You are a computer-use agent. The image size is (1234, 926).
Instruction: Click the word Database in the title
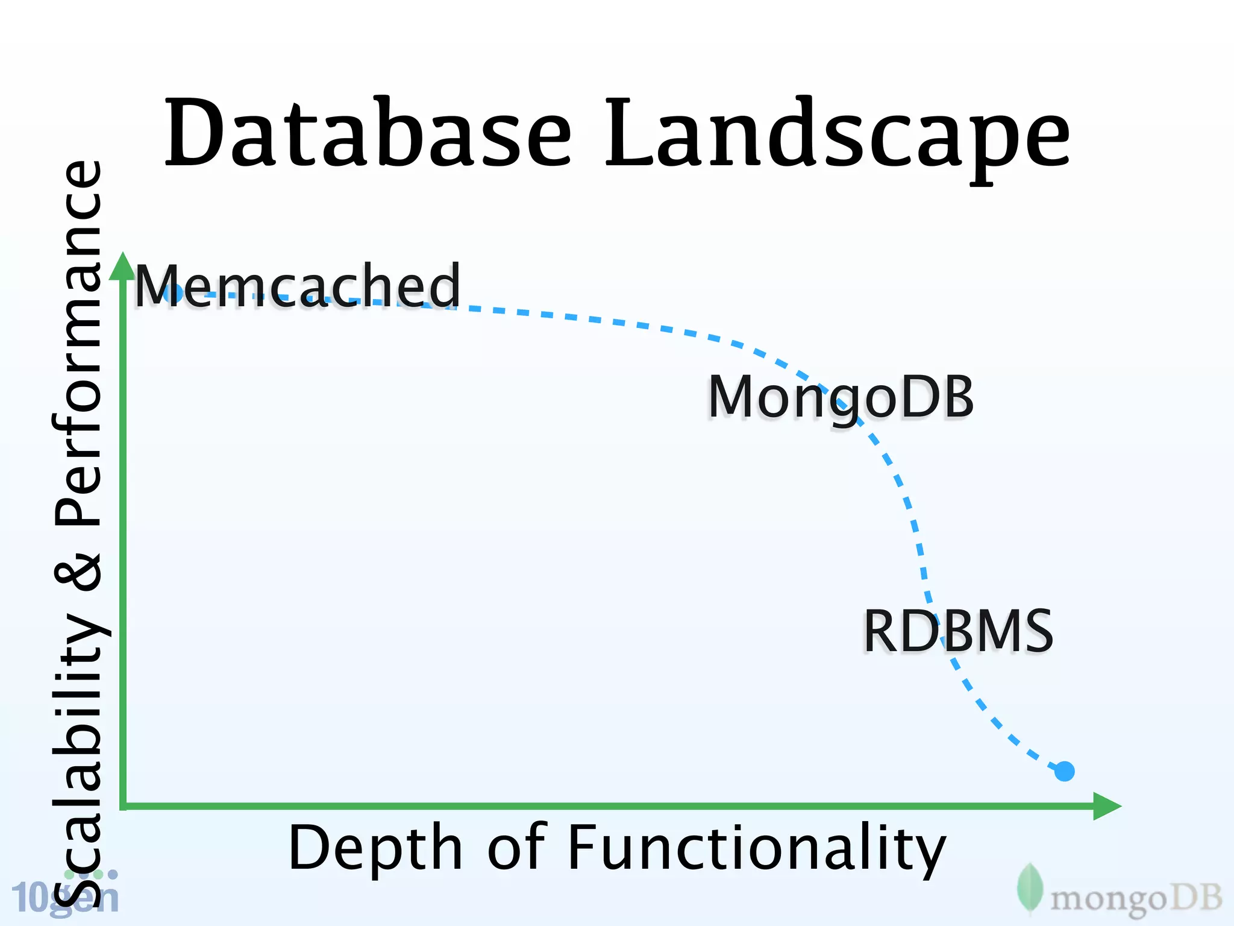point(368,133)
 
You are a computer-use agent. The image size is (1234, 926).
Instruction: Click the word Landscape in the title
point(838,136)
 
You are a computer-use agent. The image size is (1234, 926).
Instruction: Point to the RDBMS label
point(958,631)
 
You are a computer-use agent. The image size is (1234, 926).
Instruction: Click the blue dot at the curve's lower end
point(1065,771)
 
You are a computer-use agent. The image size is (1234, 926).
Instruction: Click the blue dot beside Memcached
point(174,293)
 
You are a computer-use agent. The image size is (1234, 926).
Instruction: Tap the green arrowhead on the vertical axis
point(123,266)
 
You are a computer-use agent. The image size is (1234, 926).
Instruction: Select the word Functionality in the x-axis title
point(756,849)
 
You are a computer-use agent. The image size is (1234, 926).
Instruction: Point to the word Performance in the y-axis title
point(78,344)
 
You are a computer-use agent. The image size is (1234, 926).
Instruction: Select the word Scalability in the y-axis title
point(78,754)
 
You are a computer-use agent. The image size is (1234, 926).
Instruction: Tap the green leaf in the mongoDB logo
point(1030,888)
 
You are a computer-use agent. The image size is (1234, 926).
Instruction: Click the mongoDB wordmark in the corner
point(1136,898)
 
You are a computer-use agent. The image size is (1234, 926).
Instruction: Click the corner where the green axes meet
point(124,806)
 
